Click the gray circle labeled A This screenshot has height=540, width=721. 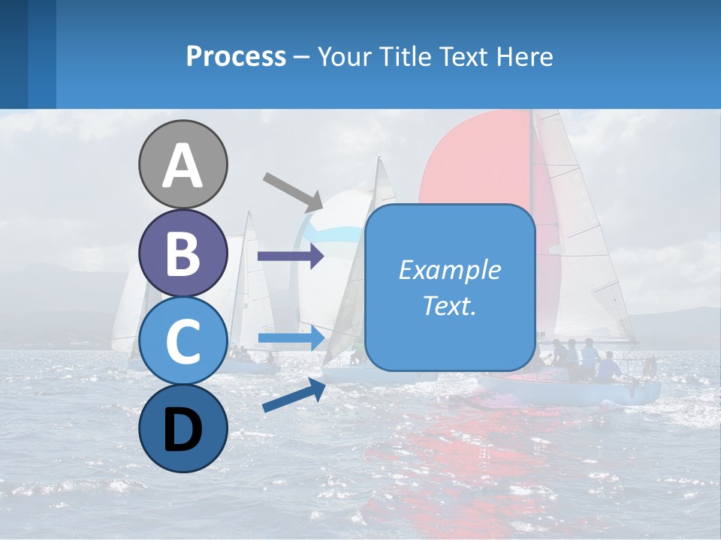click(183, 164)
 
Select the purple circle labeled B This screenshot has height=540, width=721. click(183, 253)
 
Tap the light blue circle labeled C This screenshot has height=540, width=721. click(183, 340)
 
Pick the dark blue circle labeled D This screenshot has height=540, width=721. click(183, 428)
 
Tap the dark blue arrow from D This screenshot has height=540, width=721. click(294, 396)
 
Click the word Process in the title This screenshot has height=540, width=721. click(236, 56)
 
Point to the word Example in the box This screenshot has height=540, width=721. click(450, 270)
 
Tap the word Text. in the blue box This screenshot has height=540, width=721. click(450, 306)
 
